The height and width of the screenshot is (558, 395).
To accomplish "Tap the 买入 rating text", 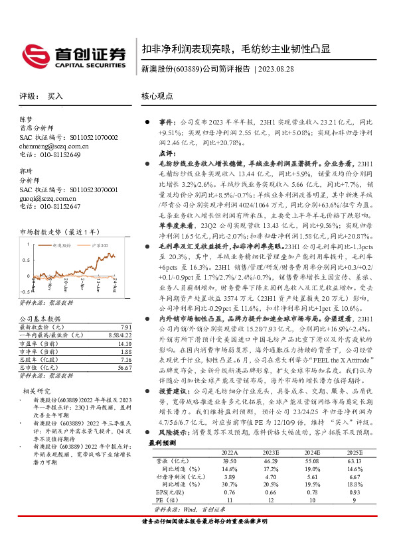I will [x=55, y=96].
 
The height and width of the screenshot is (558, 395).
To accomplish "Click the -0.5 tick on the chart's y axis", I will [x=24, y=290].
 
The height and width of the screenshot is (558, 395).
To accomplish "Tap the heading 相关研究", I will [x=34, y=391].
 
